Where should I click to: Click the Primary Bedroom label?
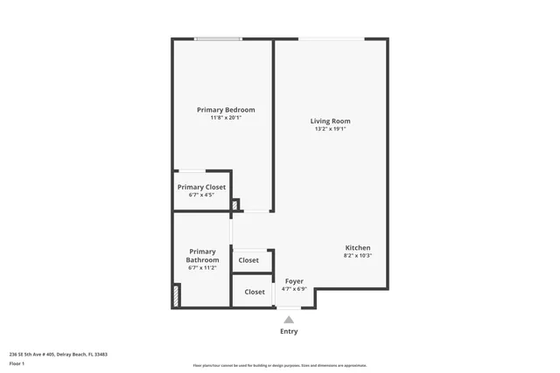(x=226, y=110)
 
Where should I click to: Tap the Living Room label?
(x=331, y=121)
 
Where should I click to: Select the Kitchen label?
(x=357, y=248)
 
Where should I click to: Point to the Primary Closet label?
(x=201, y=187)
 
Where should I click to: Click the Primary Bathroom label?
(x=202, y=256)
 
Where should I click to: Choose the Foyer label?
(x=294, y=281)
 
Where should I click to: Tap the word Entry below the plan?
(x=289, y=332)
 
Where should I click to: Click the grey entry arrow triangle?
(x=289, y=320)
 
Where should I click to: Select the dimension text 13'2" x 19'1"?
(x=331, y=129)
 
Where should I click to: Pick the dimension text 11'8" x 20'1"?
(x=226, y=118)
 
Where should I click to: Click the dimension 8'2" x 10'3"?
(x=357, y=256)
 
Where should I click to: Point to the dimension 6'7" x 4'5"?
(x=201, y=195)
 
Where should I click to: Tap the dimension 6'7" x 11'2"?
(x=202, y=268)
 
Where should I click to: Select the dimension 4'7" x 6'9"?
(x=294, y=289)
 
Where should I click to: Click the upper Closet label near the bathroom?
(x=248, y=260)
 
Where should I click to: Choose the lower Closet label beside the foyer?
(x=255, y=292)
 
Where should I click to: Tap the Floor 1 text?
(x=17, y=363)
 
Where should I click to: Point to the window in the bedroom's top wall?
(x=219, y=38)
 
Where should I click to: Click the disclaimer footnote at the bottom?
(x=280, y=366)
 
